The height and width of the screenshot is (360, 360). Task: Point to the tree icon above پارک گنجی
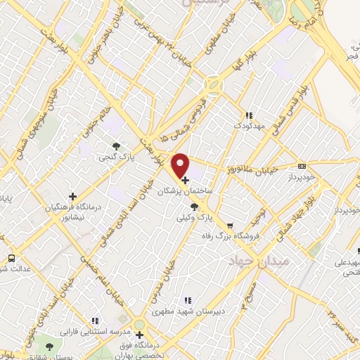(116, 147)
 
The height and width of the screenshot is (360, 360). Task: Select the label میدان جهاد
(257, 261)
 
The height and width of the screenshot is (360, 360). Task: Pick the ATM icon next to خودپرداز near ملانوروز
(302, 167)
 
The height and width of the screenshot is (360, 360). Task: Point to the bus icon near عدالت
(11, 257)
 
